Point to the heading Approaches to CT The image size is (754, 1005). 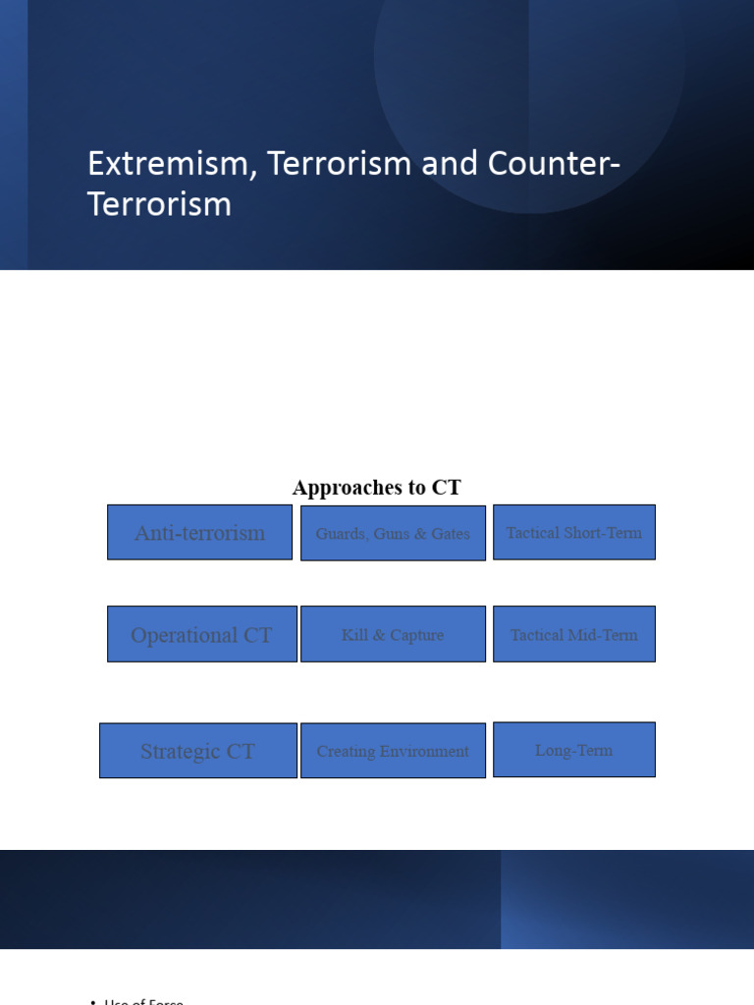tap(376, 488)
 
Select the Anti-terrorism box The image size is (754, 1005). tap(199, 533)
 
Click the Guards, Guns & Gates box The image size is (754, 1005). tap(393, 534)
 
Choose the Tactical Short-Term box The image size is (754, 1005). tap(573, 533)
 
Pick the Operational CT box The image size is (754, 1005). tap(201, 635)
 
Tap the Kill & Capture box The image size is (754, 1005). tap(393, 635)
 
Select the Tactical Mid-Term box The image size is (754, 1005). tap(573, 635)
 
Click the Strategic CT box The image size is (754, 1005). tap(197, 752)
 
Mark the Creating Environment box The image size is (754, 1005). tap(393, 752)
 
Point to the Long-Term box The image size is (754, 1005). tap(573, 751)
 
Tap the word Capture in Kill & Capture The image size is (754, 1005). tap(416, 635)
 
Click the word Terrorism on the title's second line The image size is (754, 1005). tap(159, 204)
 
